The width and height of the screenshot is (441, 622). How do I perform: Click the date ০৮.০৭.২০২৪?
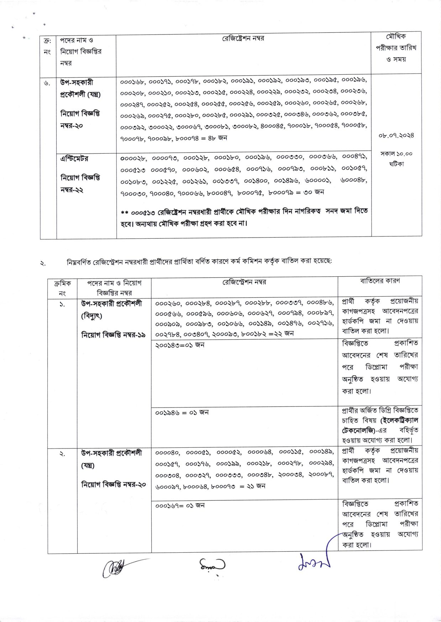point(396,135)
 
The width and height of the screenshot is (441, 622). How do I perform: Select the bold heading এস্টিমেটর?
point(74,159)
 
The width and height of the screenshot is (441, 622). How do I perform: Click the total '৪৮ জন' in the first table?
point(218,138)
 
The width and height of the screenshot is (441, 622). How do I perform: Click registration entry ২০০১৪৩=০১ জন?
point(180,345)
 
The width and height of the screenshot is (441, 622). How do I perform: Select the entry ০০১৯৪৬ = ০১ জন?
point(182,413)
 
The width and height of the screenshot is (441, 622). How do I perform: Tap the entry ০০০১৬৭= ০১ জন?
point(180,505)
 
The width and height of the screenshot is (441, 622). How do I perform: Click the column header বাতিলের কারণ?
point(380,281)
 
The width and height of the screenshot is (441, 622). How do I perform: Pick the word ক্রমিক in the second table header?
point(62,283)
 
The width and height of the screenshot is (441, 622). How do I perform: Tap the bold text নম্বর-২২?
point(72,190)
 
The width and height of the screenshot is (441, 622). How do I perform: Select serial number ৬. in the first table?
point(47,83)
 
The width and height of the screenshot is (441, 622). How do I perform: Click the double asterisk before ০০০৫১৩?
point(124,213)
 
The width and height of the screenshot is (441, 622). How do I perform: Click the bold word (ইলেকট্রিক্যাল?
point(399,420)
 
